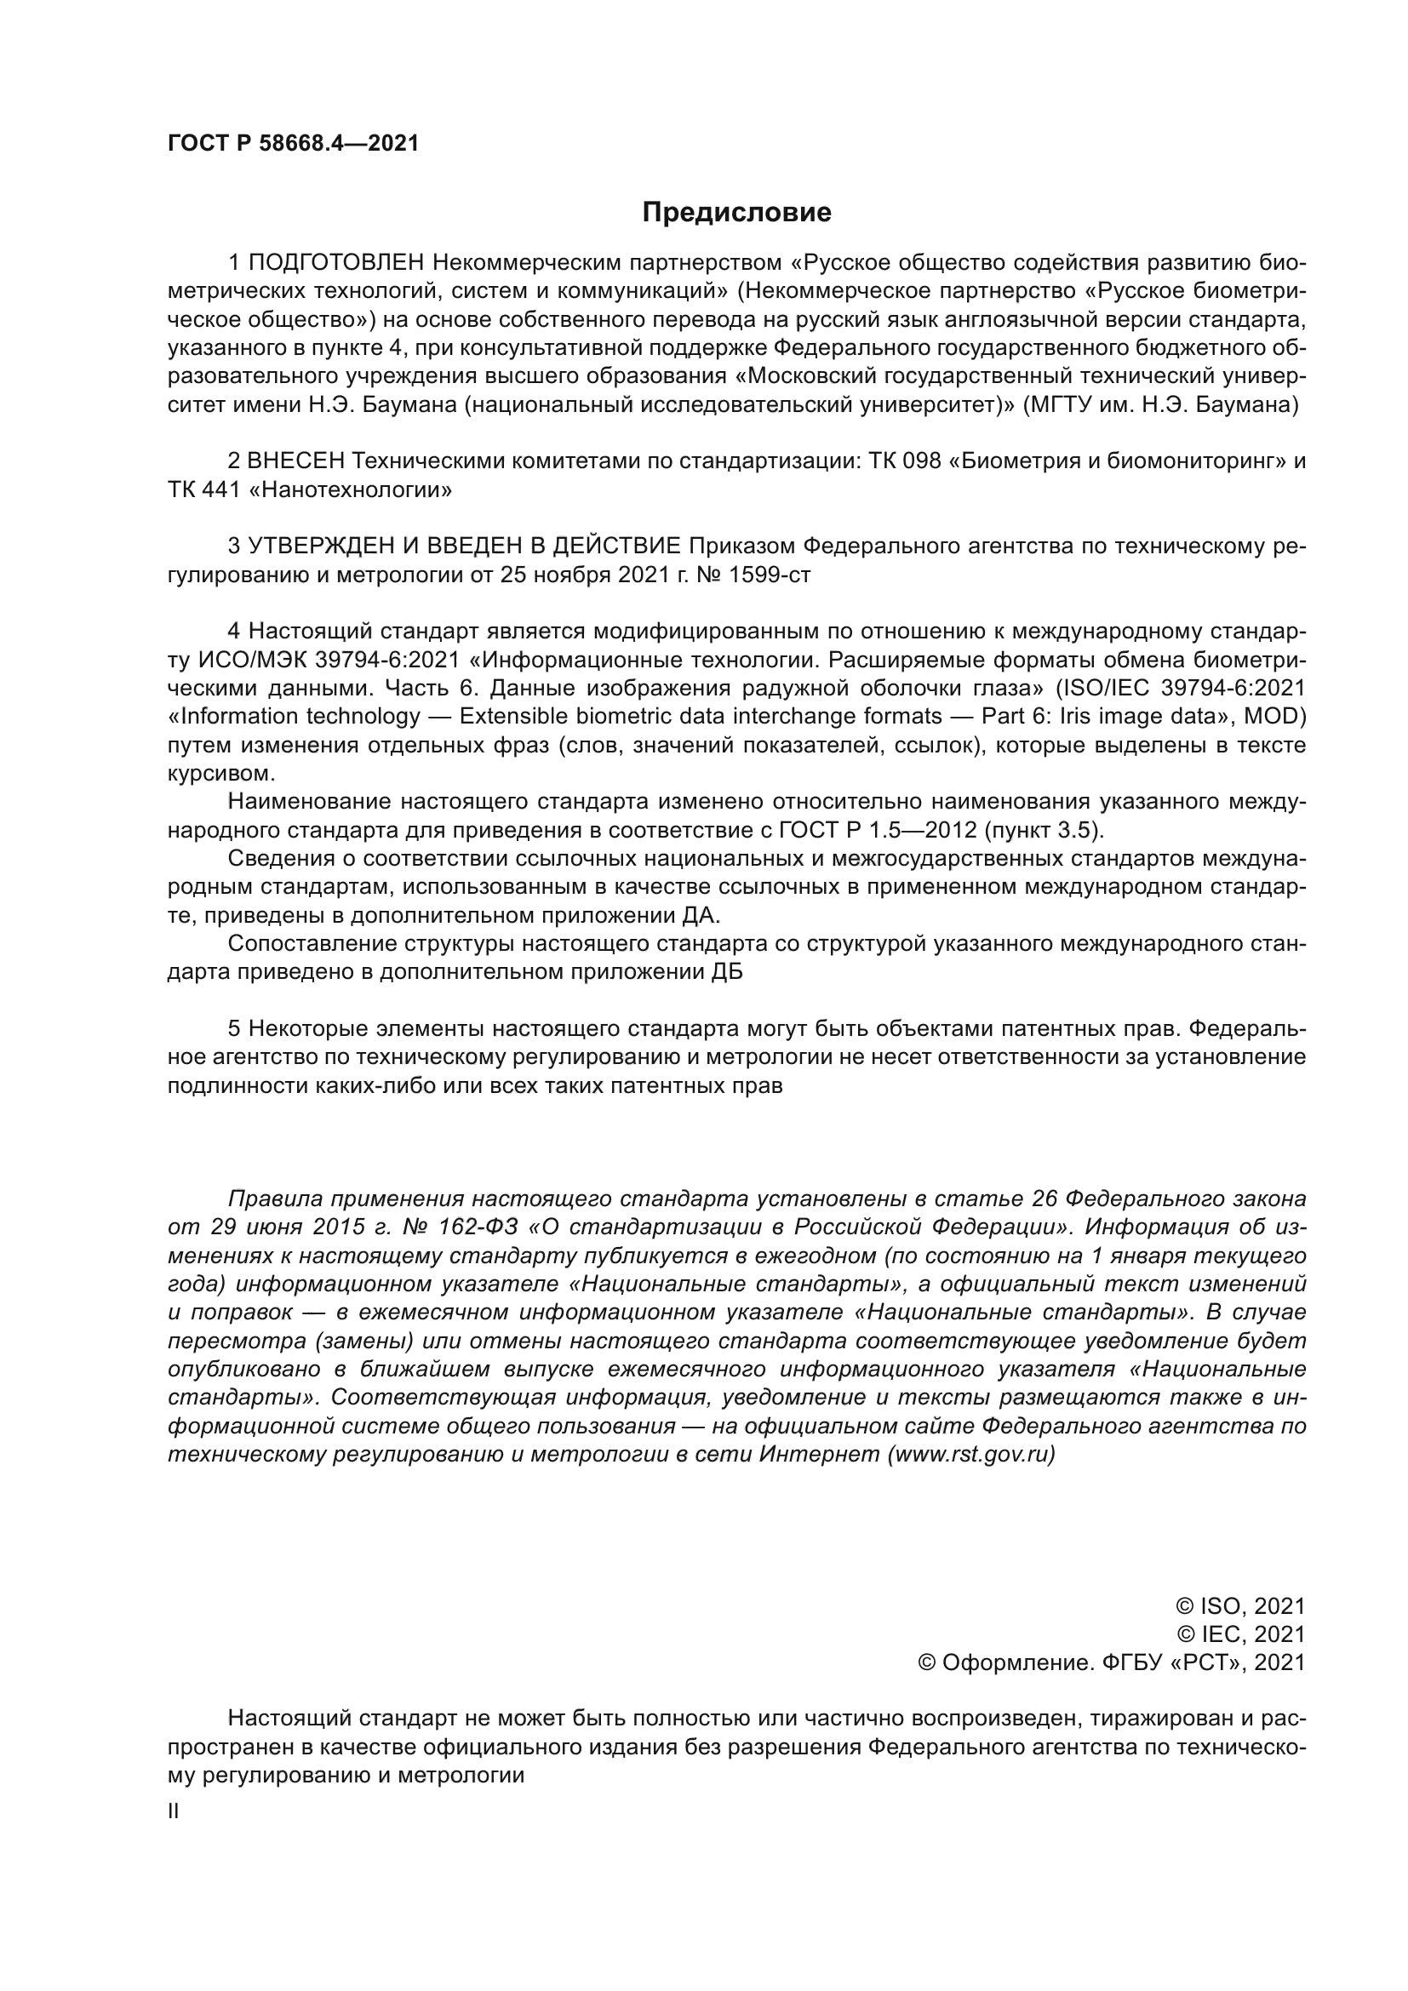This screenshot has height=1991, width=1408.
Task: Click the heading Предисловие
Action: click(x=736, y=213)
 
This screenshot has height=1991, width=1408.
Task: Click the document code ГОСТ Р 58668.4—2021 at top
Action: click(x=293, y=144)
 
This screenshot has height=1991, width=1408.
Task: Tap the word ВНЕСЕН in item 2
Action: click(x=296, y=461)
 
